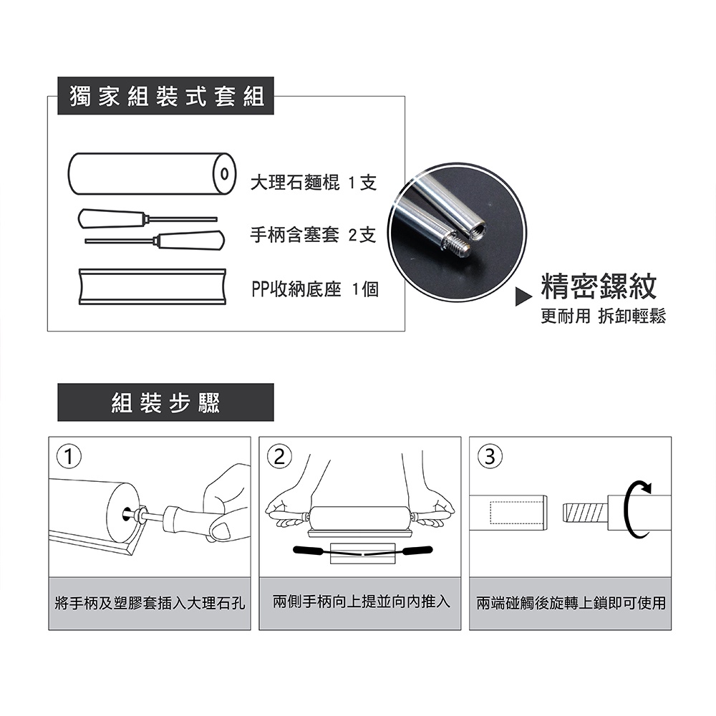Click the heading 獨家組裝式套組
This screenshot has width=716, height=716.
tap(167, 97)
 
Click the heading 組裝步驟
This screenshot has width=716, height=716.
tap(166, 402)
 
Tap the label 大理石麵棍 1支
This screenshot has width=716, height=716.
tap(314, 183)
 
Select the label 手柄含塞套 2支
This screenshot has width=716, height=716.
tap(313, 235)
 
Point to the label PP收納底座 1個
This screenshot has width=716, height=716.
tap(314, 289)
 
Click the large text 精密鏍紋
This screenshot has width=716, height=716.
tap(599, 286)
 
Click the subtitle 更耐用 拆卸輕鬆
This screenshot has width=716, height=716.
tap(603, 316)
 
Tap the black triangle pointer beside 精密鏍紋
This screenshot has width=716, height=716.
tap(523, 297)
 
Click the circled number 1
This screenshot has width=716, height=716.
tap(69, 456)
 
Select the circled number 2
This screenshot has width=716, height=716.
tap(279, 456)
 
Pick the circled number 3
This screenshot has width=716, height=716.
tap(490, 456)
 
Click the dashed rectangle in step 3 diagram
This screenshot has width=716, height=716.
tap(516, 513)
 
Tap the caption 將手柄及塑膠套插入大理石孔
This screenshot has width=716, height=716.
tap(150, 603)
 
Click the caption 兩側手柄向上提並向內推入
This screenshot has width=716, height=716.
tap(361, 601)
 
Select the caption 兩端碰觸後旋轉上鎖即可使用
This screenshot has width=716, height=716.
tap(571, 603)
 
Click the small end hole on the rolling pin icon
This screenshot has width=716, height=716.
tap(223, 174)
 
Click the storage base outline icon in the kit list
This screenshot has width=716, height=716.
tap(153, 286)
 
